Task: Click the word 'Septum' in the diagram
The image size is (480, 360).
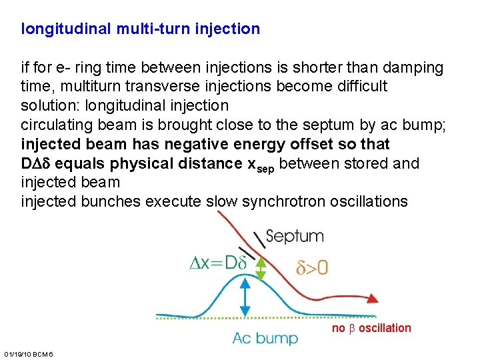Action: [295, 236]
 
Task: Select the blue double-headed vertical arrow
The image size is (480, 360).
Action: [245, 297]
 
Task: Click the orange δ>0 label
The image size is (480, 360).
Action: [312, 268]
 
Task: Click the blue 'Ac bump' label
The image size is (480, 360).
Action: [265, 339]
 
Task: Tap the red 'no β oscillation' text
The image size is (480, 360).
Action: [371, 327]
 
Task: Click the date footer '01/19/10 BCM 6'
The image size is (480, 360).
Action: [29, 352]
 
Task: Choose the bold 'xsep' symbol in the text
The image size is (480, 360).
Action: [259, 165]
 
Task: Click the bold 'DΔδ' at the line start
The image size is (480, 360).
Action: [37, 163]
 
